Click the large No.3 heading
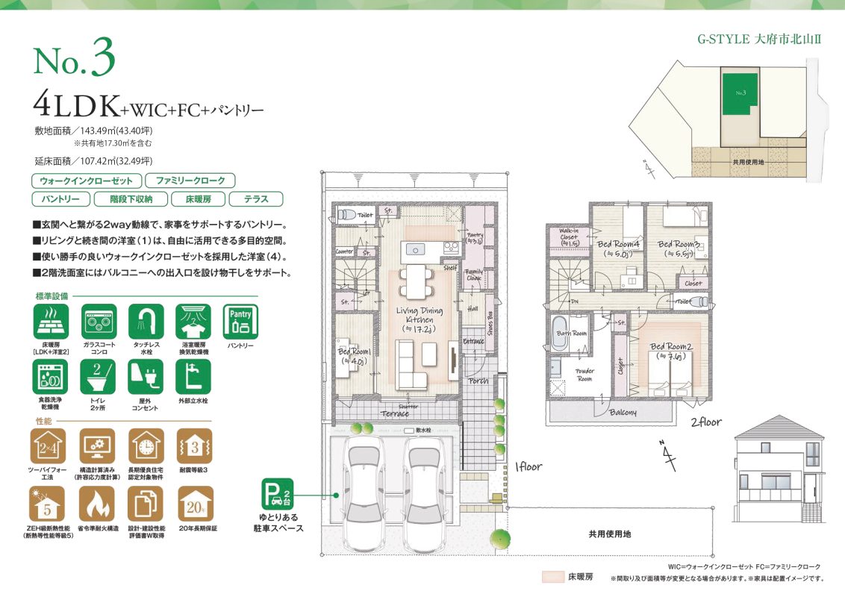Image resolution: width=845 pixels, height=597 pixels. point(75,62)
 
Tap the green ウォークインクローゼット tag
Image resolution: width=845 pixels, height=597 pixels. point(86,181)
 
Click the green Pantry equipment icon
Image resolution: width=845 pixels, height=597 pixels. point(240,322)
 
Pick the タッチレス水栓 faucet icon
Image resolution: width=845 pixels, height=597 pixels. point(146,322)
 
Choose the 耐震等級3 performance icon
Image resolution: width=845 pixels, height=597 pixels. point(195,446)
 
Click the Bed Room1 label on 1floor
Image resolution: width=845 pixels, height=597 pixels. point(352,355)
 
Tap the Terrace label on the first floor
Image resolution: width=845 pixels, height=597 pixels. point(395,413)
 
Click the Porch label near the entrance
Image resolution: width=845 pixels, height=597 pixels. point(478,381)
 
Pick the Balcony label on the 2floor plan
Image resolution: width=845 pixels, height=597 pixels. point(622,412)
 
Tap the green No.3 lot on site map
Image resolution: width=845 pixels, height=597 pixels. point(738,94)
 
